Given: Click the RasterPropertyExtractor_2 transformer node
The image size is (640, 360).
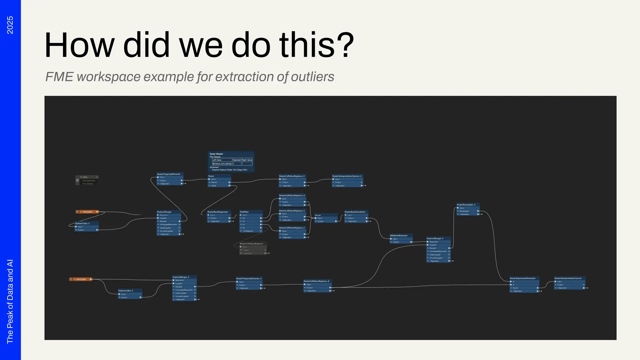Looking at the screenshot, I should pyautogui.click(x=249, y=278).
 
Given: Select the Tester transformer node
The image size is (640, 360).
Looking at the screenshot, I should pyautogui.click(x=219, y=176).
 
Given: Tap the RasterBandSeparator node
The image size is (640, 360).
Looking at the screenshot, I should pyautogui.click(x=219, y=212).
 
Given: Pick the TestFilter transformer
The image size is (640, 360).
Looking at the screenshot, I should pyautogui.click(x=251, y=212).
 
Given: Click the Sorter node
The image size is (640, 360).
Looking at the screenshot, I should pyautogui.click(x=326, y=215).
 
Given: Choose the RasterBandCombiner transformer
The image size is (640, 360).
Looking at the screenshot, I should pyautogui.click(x=356, y=212).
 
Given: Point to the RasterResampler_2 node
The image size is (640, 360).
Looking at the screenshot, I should pyautogui.click(x=467, y=205).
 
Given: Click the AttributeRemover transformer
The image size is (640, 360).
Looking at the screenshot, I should pyautogui.click(x=401, y=236).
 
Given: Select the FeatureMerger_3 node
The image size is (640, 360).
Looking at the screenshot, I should pyautogui.click(x=438, y=238).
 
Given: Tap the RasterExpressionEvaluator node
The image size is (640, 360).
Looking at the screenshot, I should pyautogui.click(x=524, y=278).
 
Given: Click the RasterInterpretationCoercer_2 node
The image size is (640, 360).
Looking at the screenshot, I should pyautogui.click(x=347, y=176).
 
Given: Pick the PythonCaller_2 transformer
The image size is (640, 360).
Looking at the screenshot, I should pyautogui.click(x=130, y=291).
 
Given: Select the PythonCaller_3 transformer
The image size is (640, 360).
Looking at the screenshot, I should pyautogui.click(x=87, y=223).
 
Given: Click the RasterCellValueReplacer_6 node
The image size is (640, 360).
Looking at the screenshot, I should pyautogui.click(x=317, y=281).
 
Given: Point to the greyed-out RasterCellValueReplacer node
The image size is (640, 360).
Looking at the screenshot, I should pyautogui.click(x=252, y=244).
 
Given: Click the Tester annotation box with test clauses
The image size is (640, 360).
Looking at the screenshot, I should pyautogui.click(x=231, y=162).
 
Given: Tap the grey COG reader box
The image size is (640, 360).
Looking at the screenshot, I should pyautogui.click(x=87, y=180).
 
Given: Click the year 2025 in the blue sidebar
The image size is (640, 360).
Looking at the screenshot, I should pyautogui.click(x=10, y=25).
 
